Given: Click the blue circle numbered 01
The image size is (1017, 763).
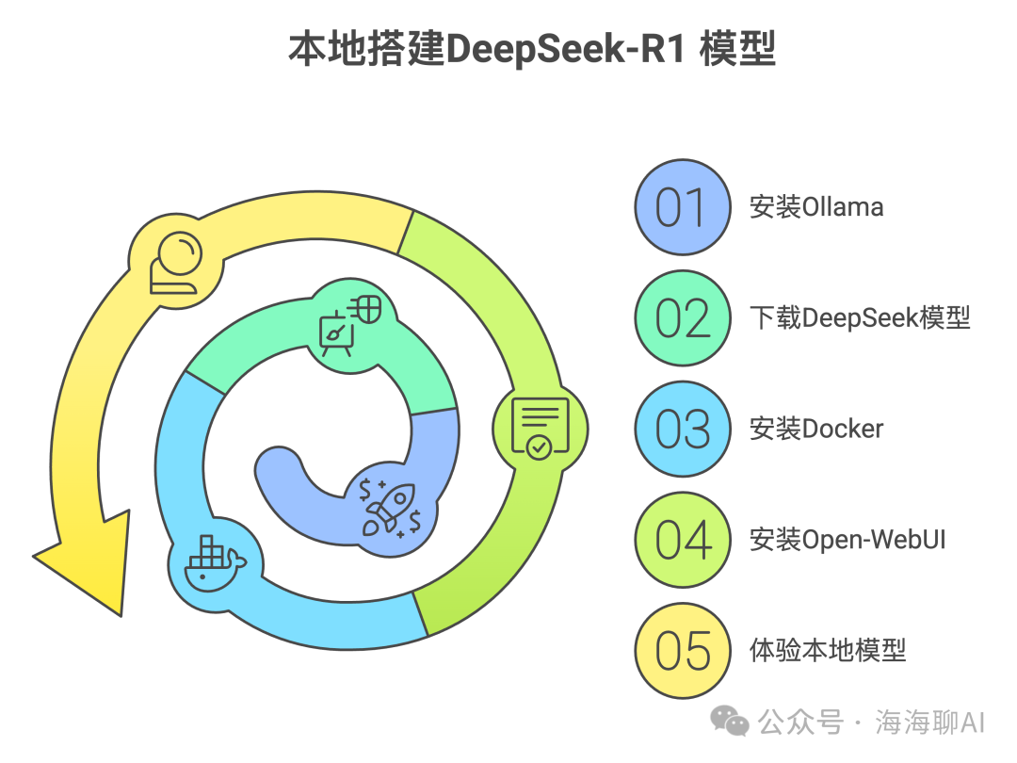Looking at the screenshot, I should pos(683,207).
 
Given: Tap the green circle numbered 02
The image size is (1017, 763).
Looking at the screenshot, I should pos(683,318).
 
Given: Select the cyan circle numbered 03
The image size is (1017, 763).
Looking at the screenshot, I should pos(683,430).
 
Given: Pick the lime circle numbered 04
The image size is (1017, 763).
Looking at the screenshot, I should pos(683,540).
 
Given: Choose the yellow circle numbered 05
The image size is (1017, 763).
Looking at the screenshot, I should pos(683,650).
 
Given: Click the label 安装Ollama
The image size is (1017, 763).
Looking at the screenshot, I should pos(816,207).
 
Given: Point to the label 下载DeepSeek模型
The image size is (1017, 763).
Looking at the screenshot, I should pos(860,318).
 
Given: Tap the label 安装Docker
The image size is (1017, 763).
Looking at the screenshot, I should pos(816,430).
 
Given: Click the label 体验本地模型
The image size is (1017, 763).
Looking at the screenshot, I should pos(828,650).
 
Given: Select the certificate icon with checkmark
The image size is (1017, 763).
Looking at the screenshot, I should pos(540,429).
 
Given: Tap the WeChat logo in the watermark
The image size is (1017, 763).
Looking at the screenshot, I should pos(730,722).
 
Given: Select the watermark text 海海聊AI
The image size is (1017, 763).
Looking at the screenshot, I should pos(929,722).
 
